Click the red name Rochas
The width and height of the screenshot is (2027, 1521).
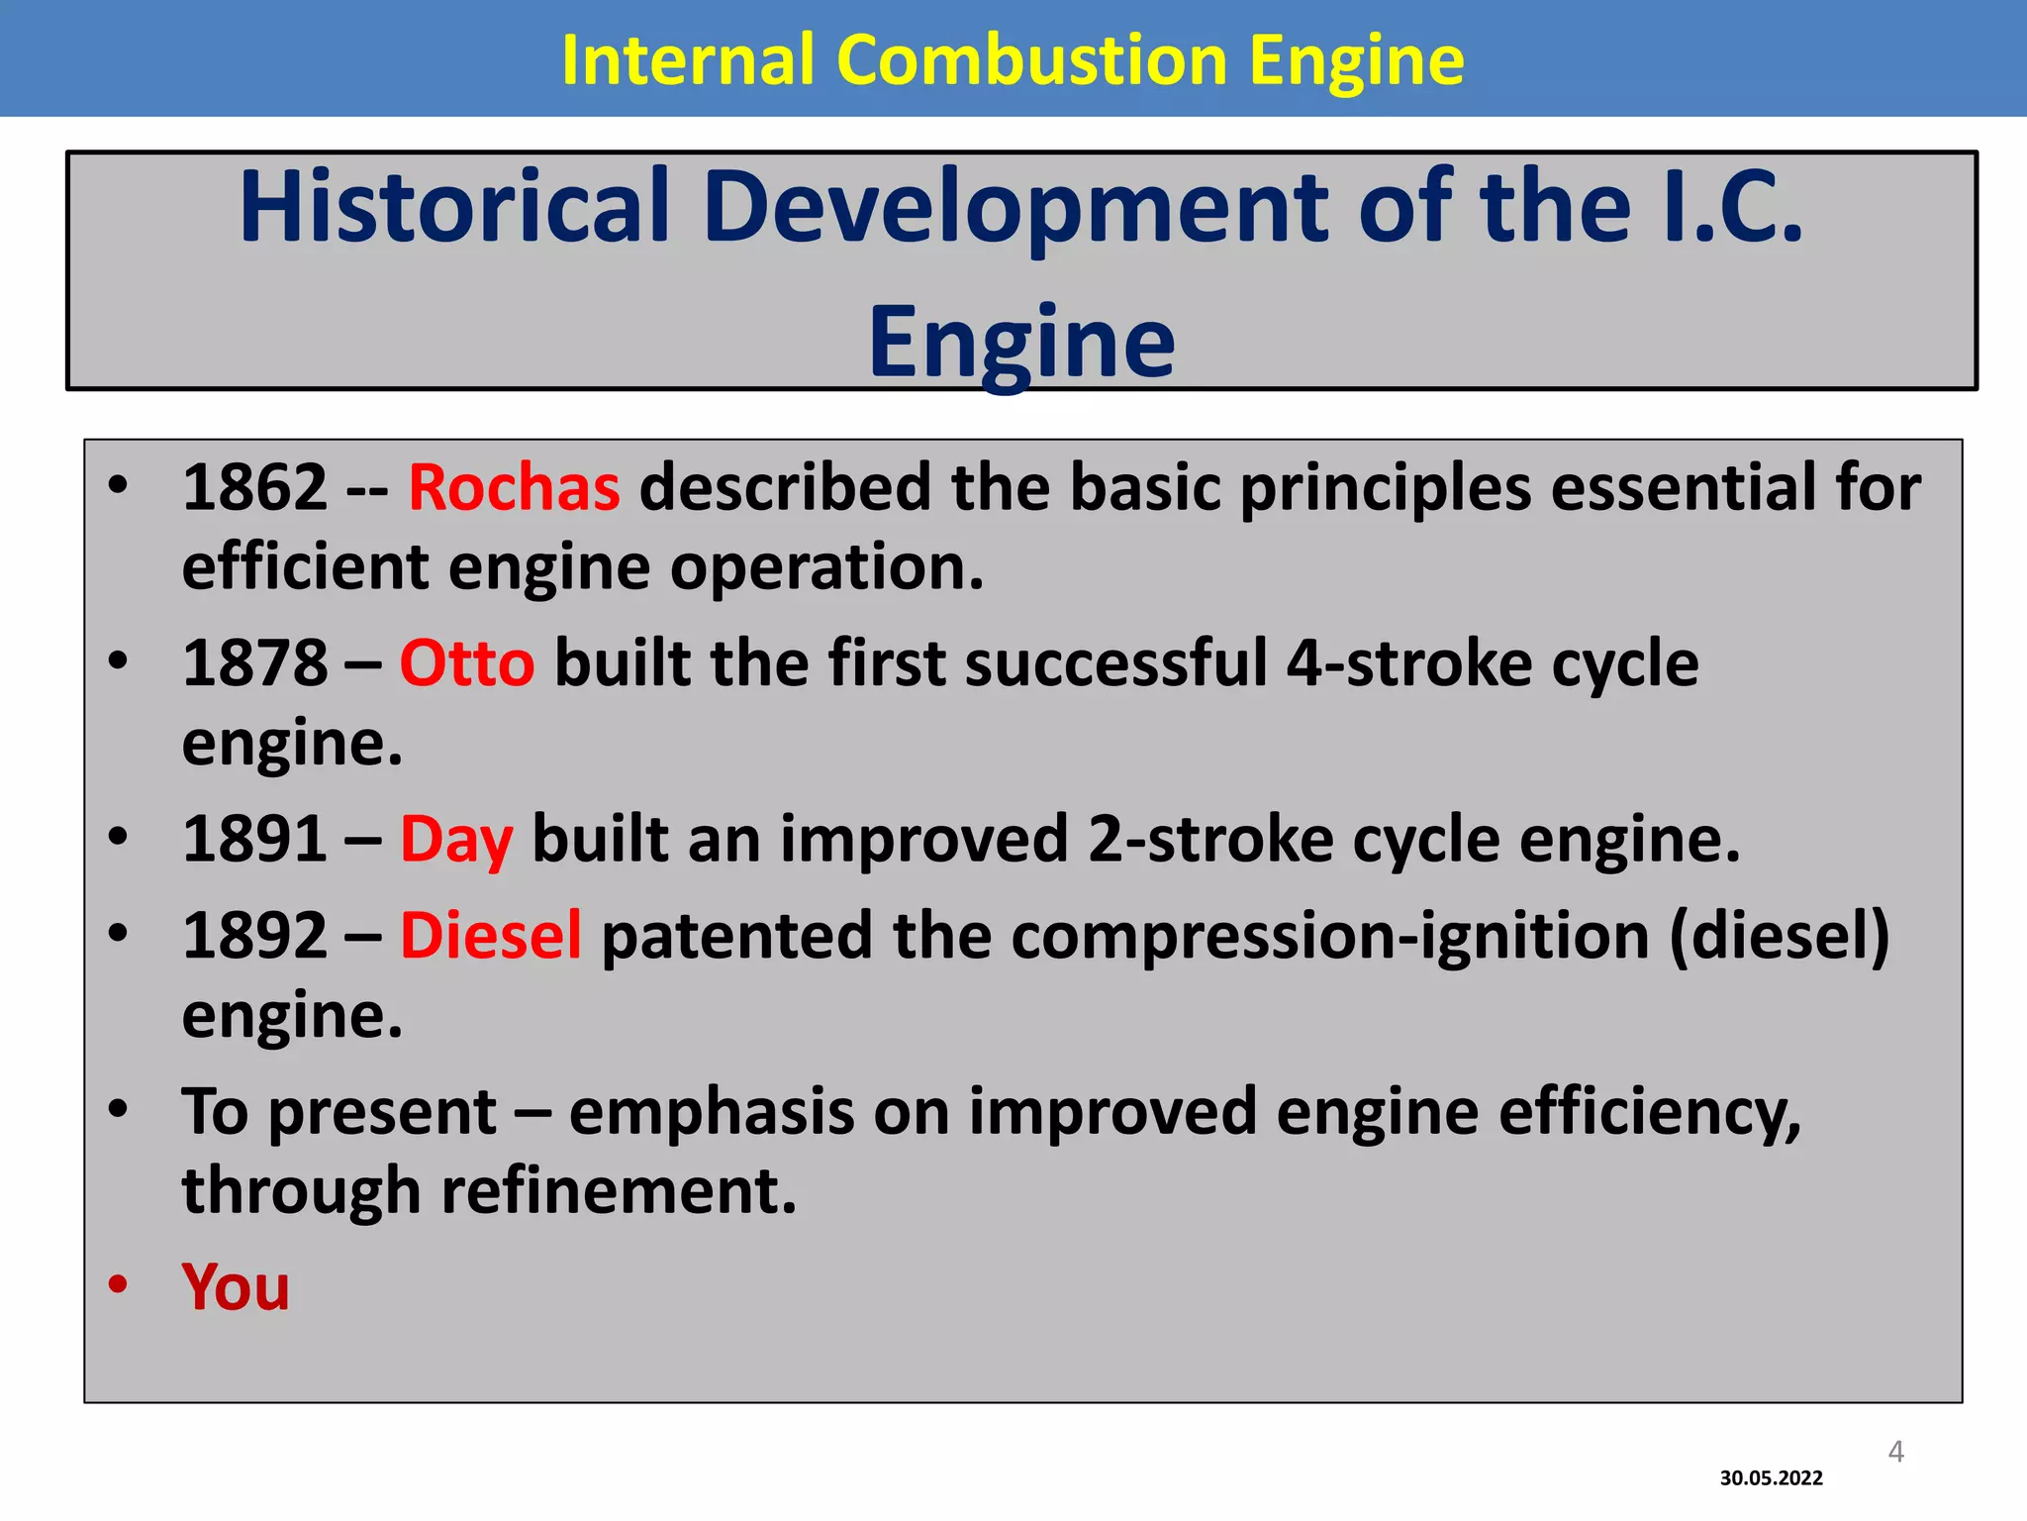tap(514, 487)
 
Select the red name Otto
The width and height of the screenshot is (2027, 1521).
tap(466, 662)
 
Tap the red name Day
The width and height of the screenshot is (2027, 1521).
tap(456, 840)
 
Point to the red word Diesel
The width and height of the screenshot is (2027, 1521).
tap(491, 935)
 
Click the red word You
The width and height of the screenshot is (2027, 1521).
tap(236, 1286)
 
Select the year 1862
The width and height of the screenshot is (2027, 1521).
tap(254, 487)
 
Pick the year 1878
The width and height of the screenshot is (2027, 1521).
tap(254, 662)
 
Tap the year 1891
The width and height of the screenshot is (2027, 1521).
tap(254, 840)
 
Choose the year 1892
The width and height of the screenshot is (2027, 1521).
tap(254, 935)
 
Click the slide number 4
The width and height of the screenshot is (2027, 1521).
tap(1895, 1452)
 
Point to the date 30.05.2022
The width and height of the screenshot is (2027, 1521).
tap(1771, 1478)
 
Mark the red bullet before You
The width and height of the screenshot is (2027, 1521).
tap(119, 1284)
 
